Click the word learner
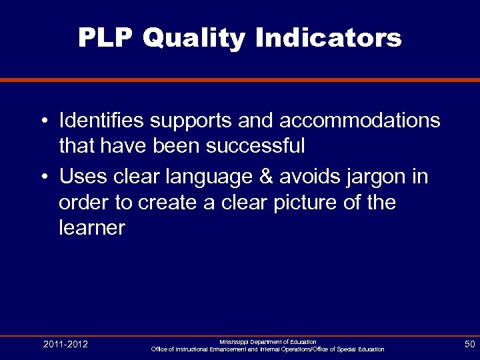92,228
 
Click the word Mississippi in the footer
237,342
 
